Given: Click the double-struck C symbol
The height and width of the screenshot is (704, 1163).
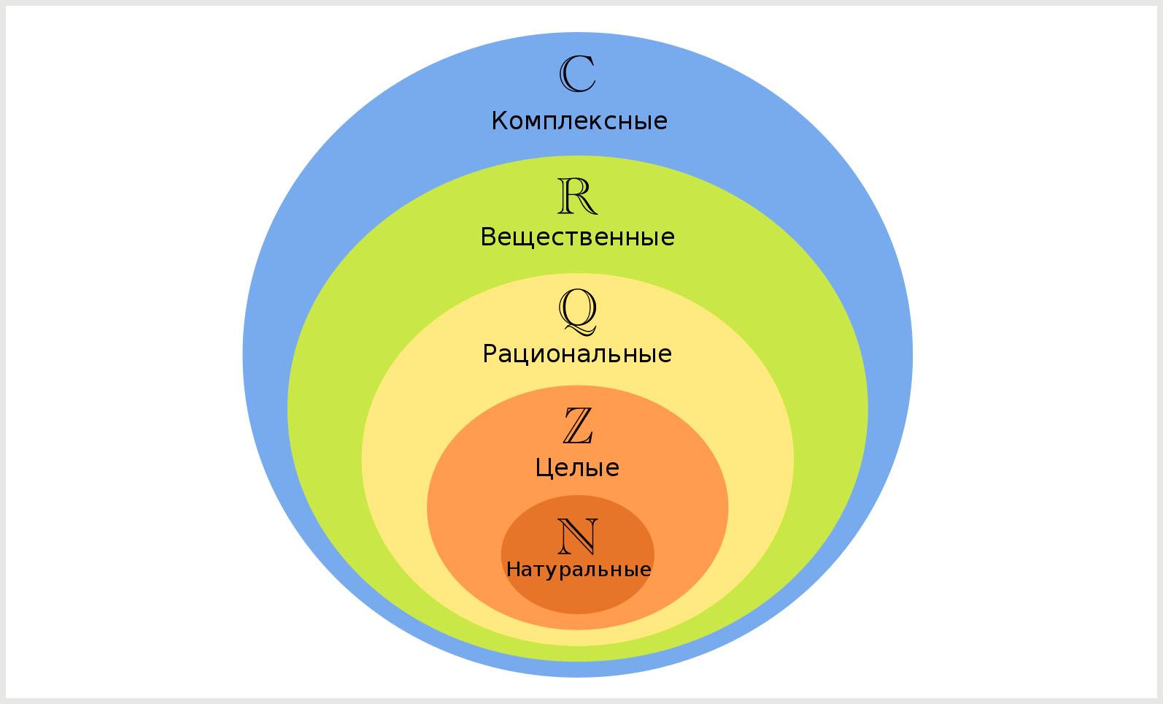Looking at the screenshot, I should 577,74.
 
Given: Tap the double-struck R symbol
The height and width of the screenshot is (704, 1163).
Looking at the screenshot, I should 577,196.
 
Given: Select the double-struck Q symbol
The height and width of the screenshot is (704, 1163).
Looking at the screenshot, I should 577,310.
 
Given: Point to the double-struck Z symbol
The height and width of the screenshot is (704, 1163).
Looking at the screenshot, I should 577,426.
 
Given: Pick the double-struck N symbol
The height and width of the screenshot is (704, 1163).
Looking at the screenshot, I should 577,537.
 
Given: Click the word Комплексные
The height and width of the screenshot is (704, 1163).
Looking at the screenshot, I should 579,121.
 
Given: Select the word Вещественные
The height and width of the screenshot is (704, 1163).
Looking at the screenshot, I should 577,237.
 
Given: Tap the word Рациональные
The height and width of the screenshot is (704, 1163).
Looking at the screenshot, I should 577,354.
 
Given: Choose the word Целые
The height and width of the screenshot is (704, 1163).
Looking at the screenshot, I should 577,467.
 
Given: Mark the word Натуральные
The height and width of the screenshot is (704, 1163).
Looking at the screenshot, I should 579,570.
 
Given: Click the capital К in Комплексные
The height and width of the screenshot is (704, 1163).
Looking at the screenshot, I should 499,120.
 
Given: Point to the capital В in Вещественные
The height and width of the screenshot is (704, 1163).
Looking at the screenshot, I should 488,237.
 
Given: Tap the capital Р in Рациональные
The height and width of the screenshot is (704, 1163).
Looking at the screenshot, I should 490,353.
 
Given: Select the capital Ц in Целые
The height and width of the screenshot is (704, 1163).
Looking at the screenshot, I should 543,467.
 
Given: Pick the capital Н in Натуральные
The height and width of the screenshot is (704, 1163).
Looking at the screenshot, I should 513,569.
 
